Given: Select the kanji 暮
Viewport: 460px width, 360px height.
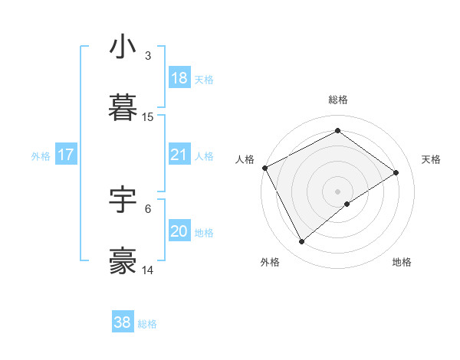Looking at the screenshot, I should click(123, 108).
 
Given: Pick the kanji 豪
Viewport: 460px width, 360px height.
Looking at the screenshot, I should click(123, 261).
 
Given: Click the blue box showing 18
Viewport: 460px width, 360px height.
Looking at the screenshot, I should click(179, 78).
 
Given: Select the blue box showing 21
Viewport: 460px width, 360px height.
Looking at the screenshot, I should click(179, 155).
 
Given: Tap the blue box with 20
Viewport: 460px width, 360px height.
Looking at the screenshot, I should click(179, 231).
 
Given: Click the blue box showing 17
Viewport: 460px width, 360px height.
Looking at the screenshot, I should click(66, 155).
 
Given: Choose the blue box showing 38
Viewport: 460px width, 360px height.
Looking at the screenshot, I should click(123, 322).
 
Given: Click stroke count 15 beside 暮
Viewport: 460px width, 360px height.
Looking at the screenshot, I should click(148, 117).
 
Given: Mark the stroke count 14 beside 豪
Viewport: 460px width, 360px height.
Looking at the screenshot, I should click(148, 270).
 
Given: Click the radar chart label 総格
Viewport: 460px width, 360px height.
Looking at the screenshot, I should click(338, 100).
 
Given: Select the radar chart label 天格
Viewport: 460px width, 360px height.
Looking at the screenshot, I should click(431, 159).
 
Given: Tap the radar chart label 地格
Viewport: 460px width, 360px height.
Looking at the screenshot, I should click(402, 262).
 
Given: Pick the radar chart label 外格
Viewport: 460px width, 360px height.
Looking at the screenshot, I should click(270, 262).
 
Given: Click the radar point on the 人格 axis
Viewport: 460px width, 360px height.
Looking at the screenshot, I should click(264, 168).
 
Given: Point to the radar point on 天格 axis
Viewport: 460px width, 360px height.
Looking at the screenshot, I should click(396, 172).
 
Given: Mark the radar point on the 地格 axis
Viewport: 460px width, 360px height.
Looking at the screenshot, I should click(347, 204).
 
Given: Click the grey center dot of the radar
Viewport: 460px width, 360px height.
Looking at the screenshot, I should click(338, 191).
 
